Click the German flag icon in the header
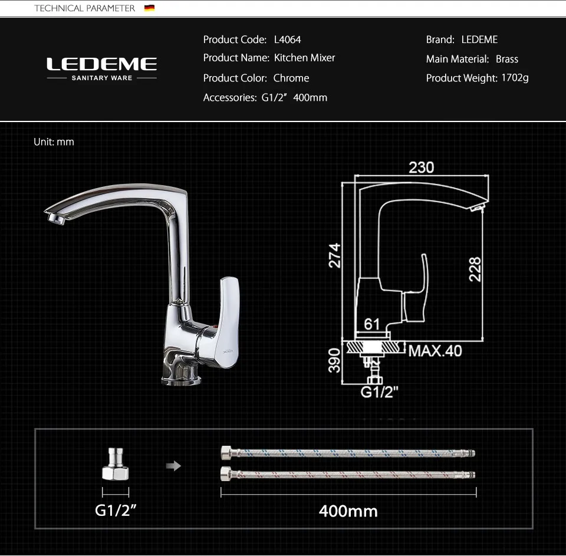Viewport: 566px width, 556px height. tap(149, 8)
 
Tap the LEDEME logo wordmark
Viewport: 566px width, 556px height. tap(102, 64)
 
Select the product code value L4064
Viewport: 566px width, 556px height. tap(287, 40)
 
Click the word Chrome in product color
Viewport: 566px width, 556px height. tap(291, 78)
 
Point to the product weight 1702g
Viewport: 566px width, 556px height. tap(515, 78)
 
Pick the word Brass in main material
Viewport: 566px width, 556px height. tap(507, 59)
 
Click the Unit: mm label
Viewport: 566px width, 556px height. tap(54, 142)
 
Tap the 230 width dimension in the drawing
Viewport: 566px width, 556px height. tap(421, 167)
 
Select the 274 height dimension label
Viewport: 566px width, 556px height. tap(335, 256)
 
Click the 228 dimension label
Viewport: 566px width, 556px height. tap(475, 269)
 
